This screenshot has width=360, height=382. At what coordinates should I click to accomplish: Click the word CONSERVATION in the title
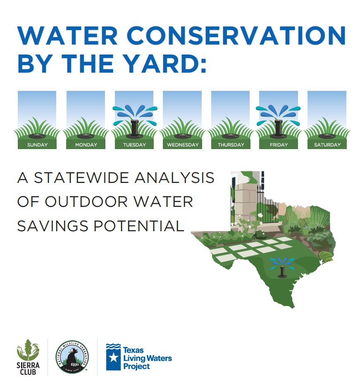(x=236, y=36)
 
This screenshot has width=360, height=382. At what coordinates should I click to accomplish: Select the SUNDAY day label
(x=37, y=145)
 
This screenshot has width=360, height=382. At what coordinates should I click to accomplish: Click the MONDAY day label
(x=86, y=145)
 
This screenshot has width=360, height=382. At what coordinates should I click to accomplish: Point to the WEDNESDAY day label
(x=183, y=145)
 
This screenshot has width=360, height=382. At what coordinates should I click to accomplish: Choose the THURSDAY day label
(x=231, y=145)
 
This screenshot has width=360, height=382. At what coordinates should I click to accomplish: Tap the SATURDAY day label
(x=327, y=145)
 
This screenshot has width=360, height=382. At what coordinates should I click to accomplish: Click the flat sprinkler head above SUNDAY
(x=37, y=136)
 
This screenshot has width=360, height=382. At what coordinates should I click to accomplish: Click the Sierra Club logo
(x=28, y=357)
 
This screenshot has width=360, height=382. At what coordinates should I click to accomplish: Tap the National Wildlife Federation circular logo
(x=72, y=357)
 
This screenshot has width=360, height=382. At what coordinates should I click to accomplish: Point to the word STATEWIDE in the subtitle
(x=81, y=178)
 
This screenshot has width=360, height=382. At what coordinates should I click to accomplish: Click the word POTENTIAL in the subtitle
(x=139, y=226)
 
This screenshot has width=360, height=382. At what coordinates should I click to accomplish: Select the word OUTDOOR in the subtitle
(x=86, y=202)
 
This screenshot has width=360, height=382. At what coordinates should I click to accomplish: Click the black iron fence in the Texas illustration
(x=267, y=207)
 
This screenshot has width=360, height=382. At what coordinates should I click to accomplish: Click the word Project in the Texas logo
(x=136, y=366)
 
